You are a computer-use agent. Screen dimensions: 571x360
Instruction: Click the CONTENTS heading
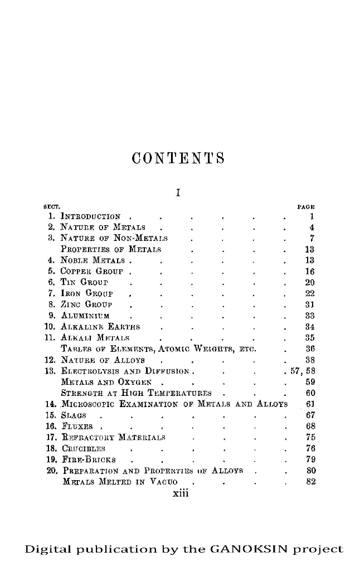177,158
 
